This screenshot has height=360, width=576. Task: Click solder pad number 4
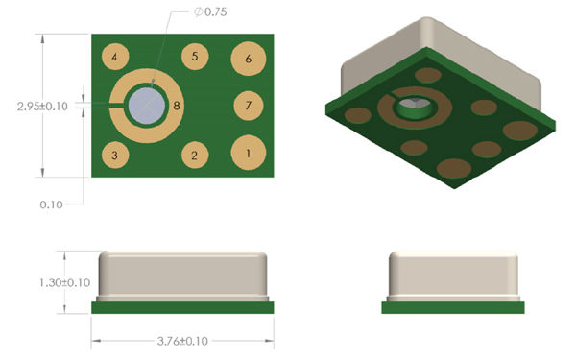pyautogui.click(x=115, y=57)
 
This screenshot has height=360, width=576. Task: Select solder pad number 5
pyautogui.click(x=195, y=57)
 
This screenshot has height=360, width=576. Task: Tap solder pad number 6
pyautogui.click(x=249, y=59)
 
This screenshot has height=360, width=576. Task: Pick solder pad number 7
pyautogui.click(x=249, y=106)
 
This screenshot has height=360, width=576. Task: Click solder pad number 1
pyautogui.click(x=249, y=153)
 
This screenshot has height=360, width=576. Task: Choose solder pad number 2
pyautogui.click(x=195, y=155)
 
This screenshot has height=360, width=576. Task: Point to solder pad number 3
pyautogui.click(x=115, y=155)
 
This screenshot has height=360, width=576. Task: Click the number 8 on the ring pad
pyautogui.click(x=177, y=106)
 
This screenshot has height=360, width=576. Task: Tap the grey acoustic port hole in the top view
pyautogui.click(x=147, y=106)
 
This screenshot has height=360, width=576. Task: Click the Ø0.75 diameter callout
pyautogui.click(x=210, y=12)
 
